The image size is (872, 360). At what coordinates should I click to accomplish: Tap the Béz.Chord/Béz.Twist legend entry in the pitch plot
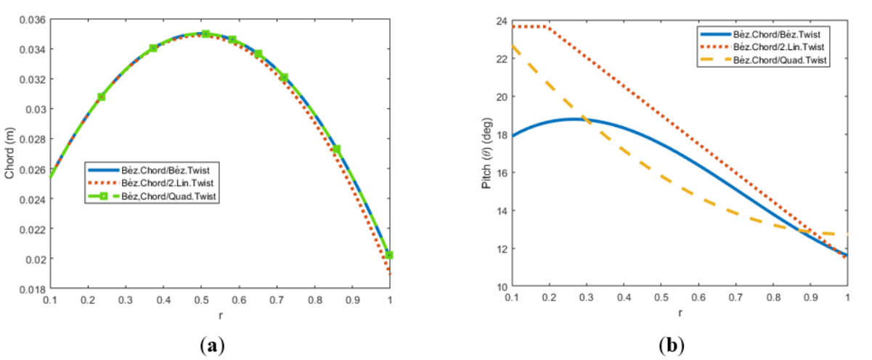tap(780, 33)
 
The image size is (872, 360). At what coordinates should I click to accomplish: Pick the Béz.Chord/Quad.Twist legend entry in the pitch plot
tap(780, 58)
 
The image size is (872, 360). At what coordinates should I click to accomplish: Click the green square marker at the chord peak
tap(205, 34)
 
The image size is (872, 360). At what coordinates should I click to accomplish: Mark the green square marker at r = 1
tap(390, 255)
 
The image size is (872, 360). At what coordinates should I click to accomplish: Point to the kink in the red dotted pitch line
tap(545, 27)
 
